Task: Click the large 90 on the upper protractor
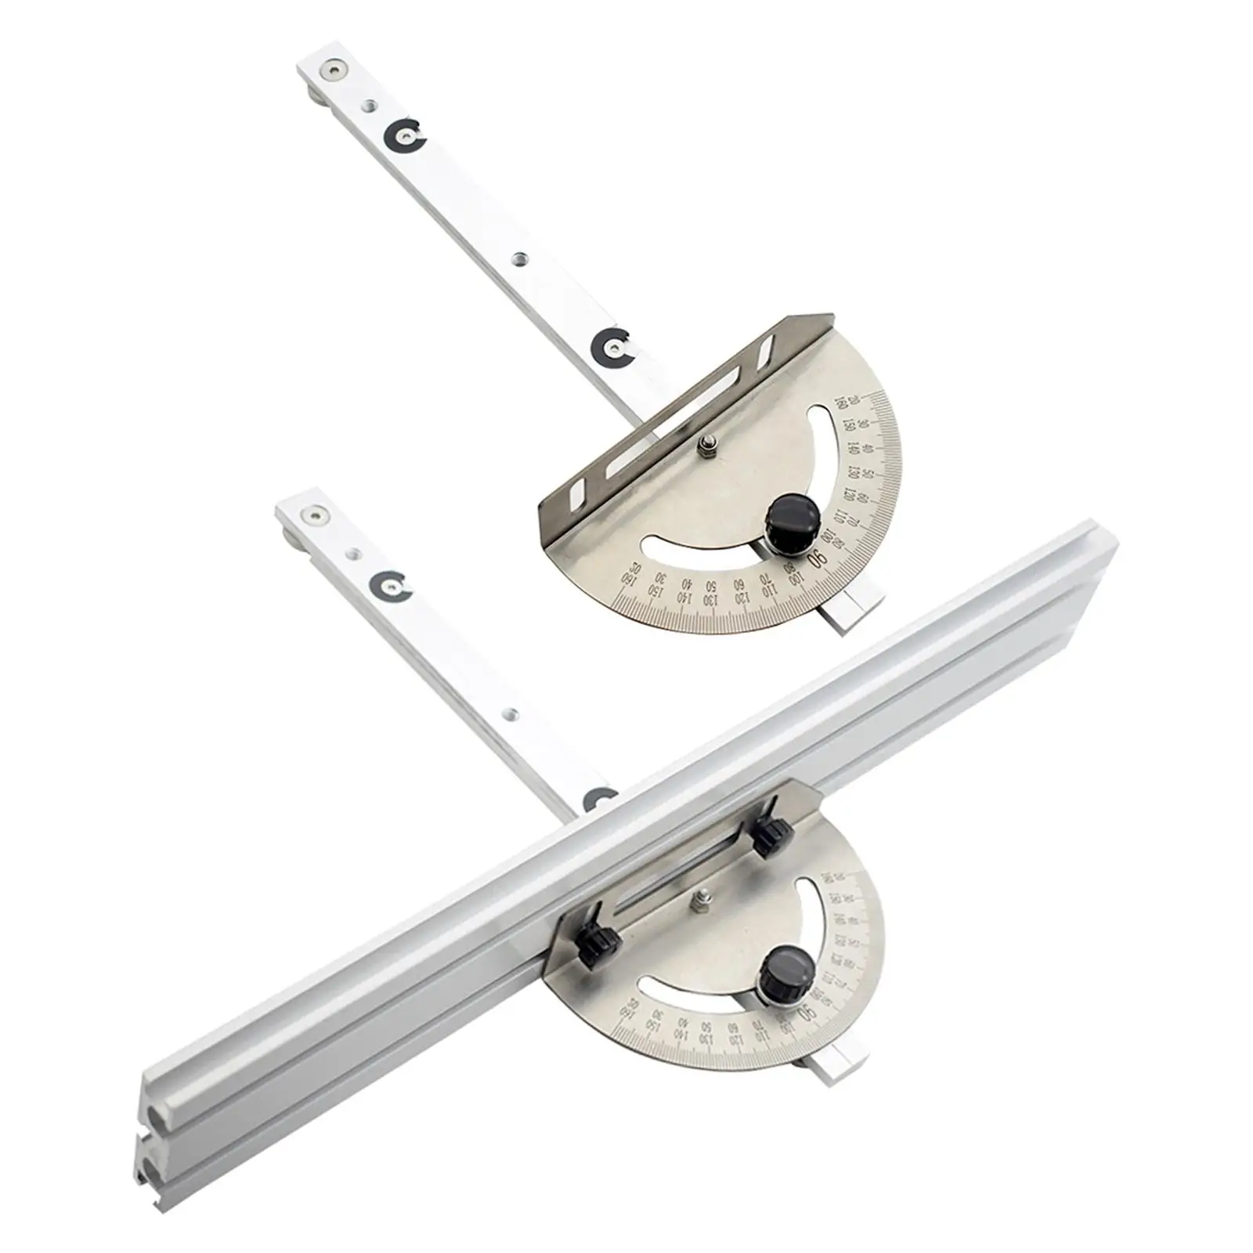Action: [817, 559]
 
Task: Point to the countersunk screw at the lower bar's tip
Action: [315, 515]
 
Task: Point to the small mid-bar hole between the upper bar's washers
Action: [517, 257]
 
